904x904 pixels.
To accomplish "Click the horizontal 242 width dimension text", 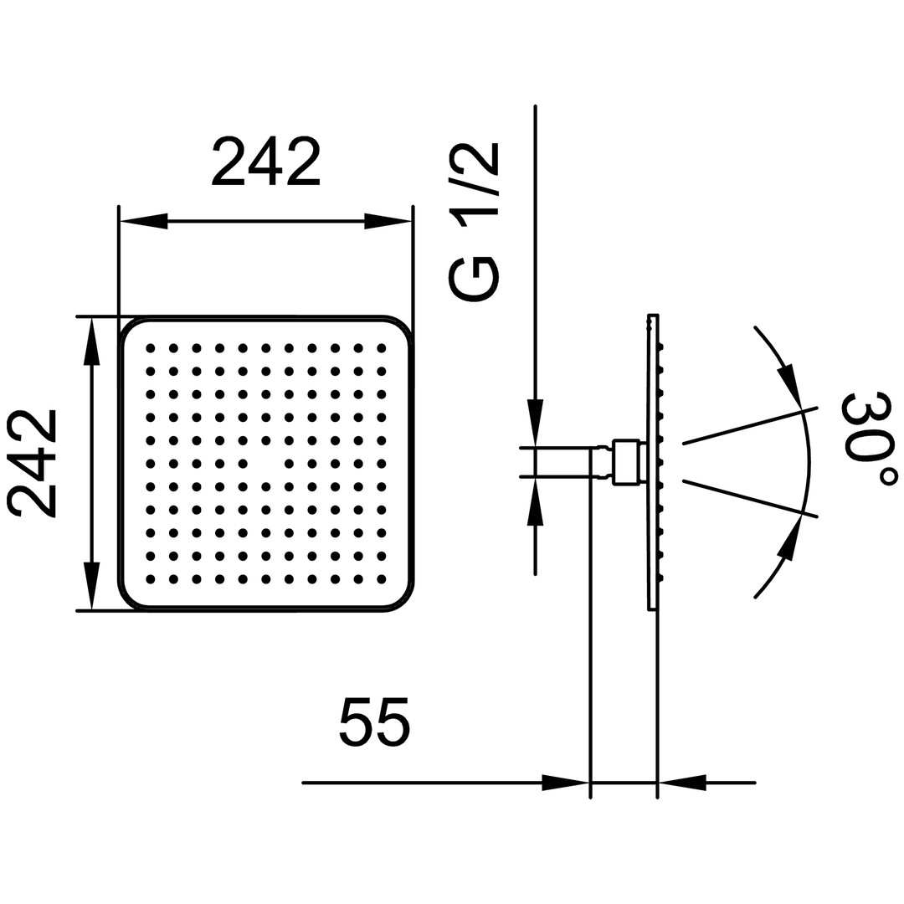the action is [x=266, y=162].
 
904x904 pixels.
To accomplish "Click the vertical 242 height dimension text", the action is [x=33, y=463].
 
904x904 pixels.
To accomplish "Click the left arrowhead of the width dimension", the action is [x=143, y=221].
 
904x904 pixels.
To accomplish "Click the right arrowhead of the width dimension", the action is [x=388, y=221].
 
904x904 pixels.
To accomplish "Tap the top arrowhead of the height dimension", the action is [x=92, y=342].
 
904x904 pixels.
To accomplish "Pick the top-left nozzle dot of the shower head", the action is [x=151, y=348].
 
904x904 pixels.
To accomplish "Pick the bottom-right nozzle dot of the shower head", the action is [x=381, y=578].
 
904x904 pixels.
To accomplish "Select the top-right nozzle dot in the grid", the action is [x=381, y=348].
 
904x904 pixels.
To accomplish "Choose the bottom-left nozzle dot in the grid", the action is [x=151, y=578].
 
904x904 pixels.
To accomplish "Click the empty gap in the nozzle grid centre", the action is [x=266, y=463].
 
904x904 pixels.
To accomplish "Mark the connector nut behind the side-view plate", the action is [x=626, y=462].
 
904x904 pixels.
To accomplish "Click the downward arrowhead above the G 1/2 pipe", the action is [x=536, y=423].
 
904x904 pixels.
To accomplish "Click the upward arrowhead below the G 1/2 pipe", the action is [x=536, y=501].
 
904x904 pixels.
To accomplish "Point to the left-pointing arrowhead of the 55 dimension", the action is [x=682, y=783].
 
